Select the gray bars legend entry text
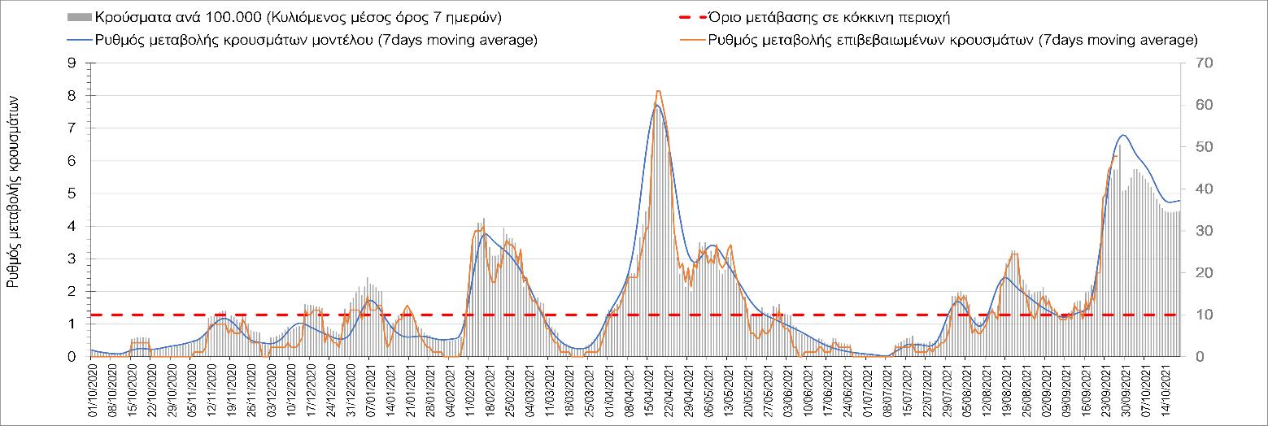[297, 17]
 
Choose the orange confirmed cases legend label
[952, 40]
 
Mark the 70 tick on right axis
[1200, 63]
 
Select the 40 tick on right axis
[1200, 189]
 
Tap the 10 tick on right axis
[1200, 315]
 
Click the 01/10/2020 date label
[92, 386]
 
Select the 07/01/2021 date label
[369, 386]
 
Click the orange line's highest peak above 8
[658, 91]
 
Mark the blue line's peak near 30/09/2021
[1123, 135]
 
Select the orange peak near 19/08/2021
[1013, 254]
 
